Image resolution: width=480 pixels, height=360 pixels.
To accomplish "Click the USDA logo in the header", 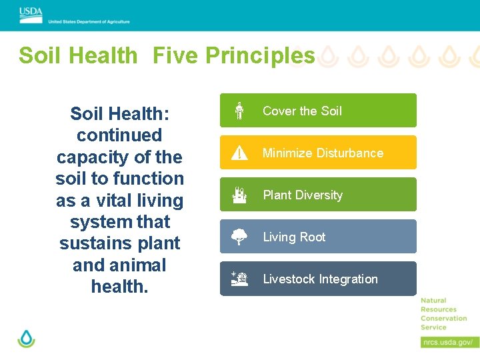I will (x=31, y=11).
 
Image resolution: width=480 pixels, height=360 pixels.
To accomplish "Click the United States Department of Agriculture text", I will (x=89, y=21).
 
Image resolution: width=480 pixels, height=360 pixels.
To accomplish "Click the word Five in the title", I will (x=175, y=55).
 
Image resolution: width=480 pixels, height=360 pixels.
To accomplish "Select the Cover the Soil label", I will (x=302, y=111).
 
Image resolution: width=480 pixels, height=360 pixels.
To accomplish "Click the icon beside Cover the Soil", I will (x=239, y=111).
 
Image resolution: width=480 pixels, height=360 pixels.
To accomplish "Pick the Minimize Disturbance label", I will (x=323, y=153).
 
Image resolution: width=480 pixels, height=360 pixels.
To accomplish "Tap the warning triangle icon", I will (x=239, y=153).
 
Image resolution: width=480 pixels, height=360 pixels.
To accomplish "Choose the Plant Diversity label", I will (x=303, y=195).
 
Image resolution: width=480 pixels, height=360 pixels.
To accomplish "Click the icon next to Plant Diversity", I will (x=239, y=195).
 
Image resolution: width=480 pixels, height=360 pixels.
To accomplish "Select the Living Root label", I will (x=294, y=237).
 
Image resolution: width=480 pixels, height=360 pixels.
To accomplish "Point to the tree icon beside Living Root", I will (x=239, y=237).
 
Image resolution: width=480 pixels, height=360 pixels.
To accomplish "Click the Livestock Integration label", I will (x=320, y=279).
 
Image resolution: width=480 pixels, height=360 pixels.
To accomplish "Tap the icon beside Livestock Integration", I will (x=239, y=279).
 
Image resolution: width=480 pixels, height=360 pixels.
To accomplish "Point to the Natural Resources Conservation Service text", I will (x=443, y=314).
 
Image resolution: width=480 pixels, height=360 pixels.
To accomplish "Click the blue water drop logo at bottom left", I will (x=26, y=338).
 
